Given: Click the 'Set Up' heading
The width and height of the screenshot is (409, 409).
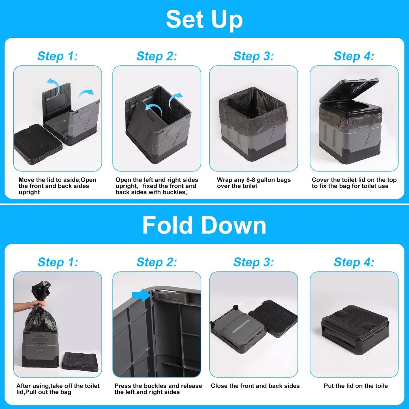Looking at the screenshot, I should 204,19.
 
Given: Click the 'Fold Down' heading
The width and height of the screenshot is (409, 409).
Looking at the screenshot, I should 204,225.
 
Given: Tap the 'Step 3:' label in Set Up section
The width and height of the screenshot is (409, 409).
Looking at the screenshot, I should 253,56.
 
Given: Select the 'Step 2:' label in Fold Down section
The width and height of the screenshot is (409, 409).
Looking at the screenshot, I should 157,262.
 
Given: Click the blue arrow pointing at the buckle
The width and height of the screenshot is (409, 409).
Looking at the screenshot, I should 141,295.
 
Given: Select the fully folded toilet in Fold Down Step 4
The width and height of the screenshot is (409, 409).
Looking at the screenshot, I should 355,326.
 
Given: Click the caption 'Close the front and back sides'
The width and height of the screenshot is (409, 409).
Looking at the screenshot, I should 255,386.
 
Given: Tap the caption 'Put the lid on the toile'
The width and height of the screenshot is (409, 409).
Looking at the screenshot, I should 356,386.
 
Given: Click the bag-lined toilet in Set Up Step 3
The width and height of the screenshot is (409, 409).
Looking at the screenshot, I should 253,125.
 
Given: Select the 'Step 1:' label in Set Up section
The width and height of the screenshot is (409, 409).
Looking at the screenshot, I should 57,56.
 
